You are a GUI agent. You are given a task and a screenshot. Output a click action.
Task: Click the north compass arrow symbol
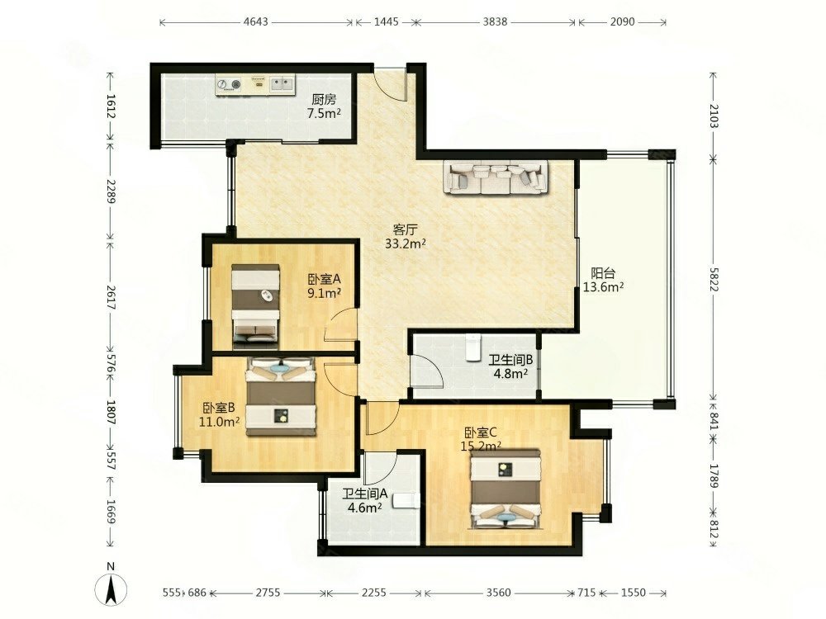coord(111,589)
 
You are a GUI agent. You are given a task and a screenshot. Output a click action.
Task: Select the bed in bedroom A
coord(255,306)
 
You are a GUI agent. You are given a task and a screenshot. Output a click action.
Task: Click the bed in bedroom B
coord(282,397)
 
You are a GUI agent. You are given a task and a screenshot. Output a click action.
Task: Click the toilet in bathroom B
coord(474,347)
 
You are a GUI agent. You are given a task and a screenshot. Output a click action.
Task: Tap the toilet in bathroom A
coord(406,501)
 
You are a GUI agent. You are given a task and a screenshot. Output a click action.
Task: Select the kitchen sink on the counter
coord(282,83)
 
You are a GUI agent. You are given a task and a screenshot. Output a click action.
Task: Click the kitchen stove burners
coord(229,84)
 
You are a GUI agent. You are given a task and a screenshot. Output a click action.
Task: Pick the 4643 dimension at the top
coord(256,22)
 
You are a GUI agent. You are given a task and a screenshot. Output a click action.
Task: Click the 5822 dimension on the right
coord(714,280)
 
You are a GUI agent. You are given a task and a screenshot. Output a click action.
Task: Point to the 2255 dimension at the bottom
coord(373,593)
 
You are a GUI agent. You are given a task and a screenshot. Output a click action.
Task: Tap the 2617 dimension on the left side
coord(110,297)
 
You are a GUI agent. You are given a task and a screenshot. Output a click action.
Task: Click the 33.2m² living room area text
coord(405,243)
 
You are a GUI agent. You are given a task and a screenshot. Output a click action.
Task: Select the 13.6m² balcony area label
coord(604,287)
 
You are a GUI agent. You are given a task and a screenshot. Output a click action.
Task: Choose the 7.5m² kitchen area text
coord(324,113)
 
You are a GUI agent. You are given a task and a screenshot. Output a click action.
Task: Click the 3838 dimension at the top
coord(495,22)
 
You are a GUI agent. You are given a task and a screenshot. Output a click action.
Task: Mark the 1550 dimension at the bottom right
coord(634,593)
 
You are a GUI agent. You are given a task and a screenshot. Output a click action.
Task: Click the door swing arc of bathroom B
coord(428,371)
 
